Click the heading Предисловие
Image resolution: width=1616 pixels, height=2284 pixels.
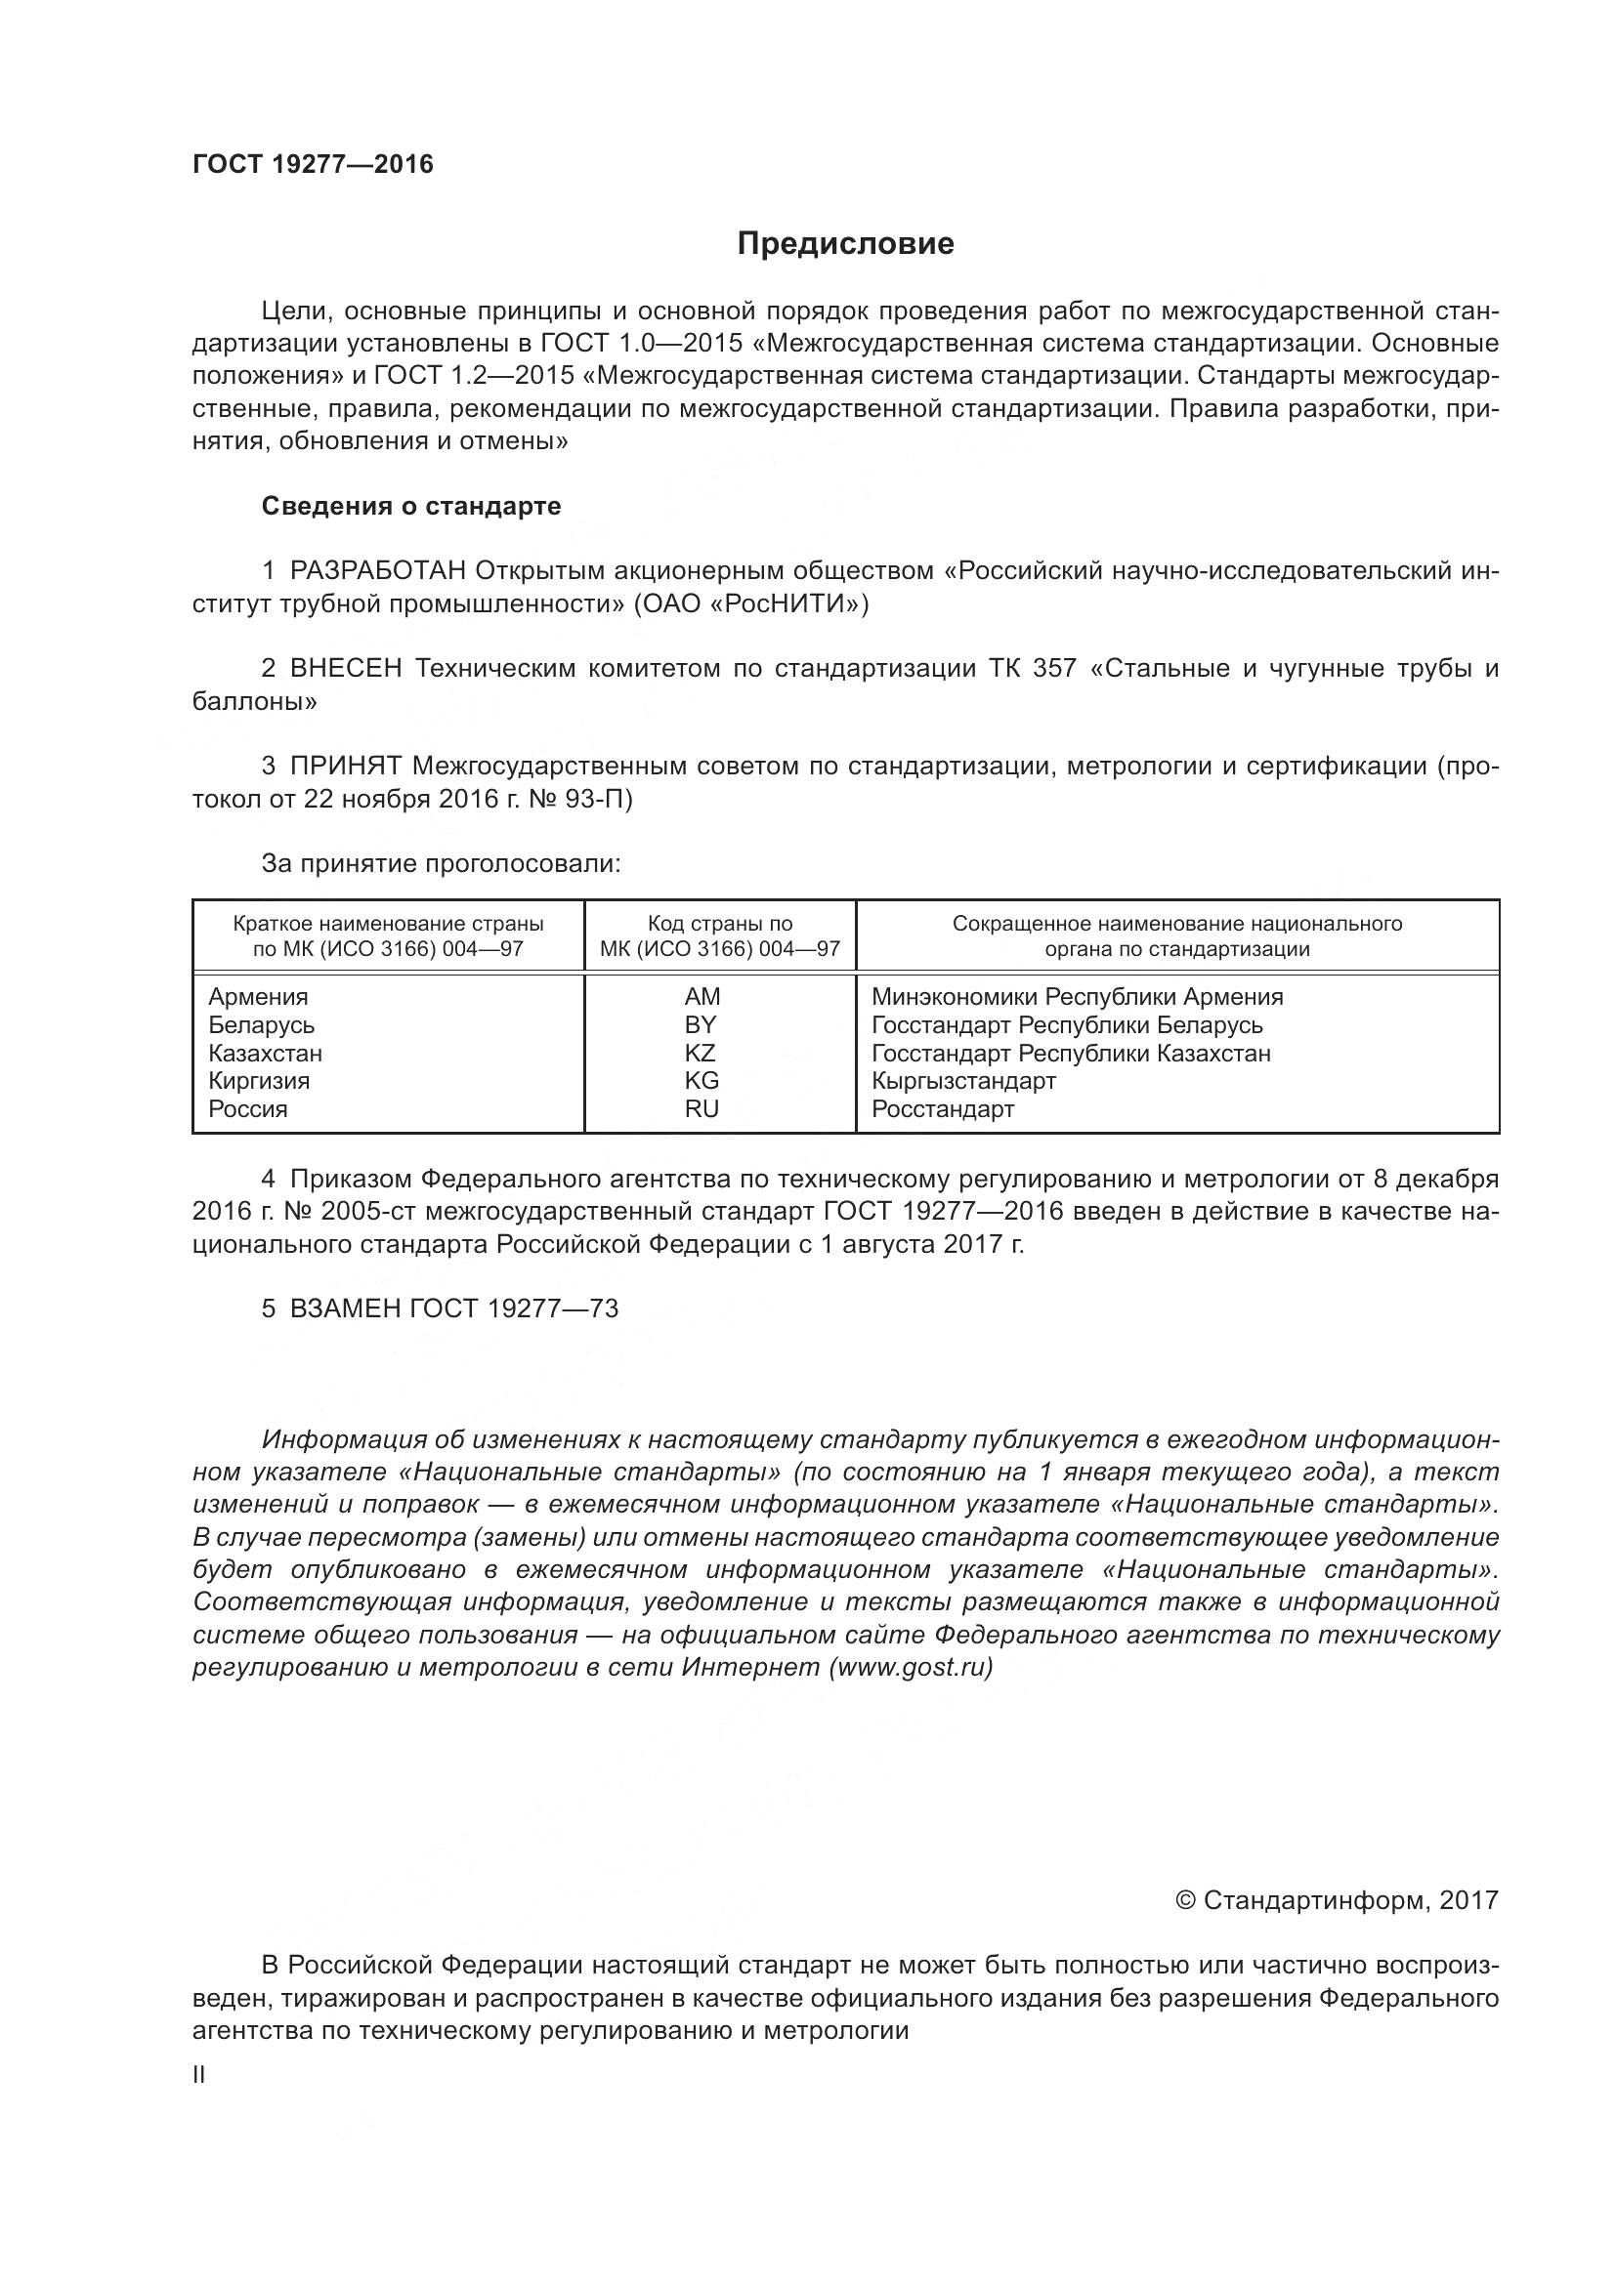[x=845, y=244]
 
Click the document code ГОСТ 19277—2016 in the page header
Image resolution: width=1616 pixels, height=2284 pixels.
[x=313, y=164]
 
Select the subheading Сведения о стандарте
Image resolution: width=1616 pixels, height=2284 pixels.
[x=411, y=507]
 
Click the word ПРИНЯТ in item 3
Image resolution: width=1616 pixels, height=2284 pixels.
[x=345, y=766]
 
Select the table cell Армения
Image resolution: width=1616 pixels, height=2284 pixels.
[x=258, y=997]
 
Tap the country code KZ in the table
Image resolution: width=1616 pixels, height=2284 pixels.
[x=701, y=1053]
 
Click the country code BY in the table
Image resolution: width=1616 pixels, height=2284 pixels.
[x=701, y=1024]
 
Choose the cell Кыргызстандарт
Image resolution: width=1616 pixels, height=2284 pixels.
[x=963, y=1080]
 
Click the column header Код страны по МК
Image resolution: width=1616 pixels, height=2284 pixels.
[x=719, y=936]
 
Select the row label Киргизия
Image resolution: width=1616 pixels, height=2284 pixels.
[x=259, y=1080]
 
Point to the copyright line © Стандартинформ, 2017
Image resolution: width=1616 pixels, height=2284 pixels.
[x=1336, y=1900]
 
